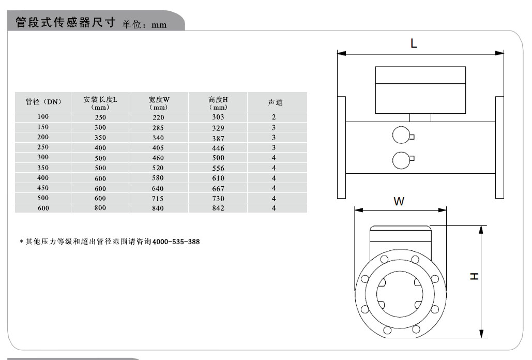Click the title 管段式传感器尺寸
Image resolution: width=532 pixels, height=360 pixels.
tap(67, 23)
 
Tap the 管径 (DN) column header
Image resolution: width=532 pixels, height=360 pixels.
tap(43, 102)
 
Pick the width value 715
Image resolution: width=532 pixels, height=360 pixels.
tap(158, 199)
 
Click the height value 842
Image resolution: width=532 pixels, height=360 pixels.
tap(219, 208)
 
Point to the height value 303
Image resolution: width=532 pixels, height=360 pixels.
tap(219, 117)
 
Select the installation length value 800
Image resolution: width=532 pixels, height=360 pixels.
tap(100, 208)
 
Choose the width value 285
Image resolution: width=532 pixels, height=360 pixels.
tap(158, 128)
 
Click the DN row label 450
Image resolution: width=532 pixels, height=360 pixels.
tap(43, 188)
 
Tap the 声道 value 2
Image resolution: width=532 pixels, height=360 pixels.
tap(274, 117)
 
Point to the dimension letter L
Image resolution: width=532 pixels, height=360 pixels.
tap(414, 44)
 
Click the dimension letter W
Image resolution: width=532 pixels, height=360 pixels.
tap(399, 202)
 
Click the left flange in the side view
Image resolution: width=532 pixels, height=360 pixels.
tap(341, 147)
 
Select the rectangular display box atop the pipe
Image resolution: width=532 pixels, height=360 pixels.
tap(420, 90)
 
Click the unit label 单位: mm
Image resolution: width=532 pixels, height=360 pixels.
tap(145, 24)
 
